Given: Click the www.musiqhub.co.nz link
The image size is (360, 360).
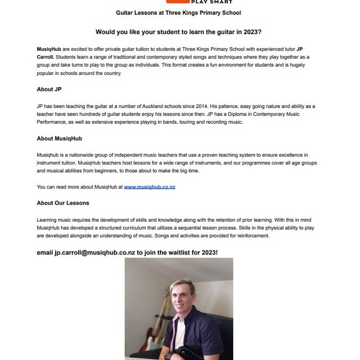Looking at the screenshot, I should point(149,187).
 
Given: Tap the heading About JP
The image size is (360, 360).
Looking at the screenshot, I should point(49,89).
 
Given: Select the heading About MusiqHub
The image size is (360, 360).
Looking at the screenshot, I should point(59,139).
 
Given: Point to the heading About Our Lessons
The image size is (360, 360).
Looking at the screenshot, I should point(63,203).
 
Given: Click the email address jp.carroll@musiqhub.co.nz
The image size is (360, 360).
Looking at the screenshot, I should point(95,253).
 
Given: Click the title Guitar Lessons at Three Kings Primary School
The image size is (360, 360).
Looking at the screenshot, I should point(178,13).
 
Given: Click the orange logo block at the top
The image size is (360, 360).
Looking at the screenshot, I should point(178,1).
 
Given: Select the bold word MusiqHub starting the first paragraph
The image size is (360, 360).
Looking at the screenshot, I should point(49,49).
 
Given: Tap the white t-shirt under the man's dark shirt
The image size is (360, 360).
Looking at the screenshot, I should point(180,335).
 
